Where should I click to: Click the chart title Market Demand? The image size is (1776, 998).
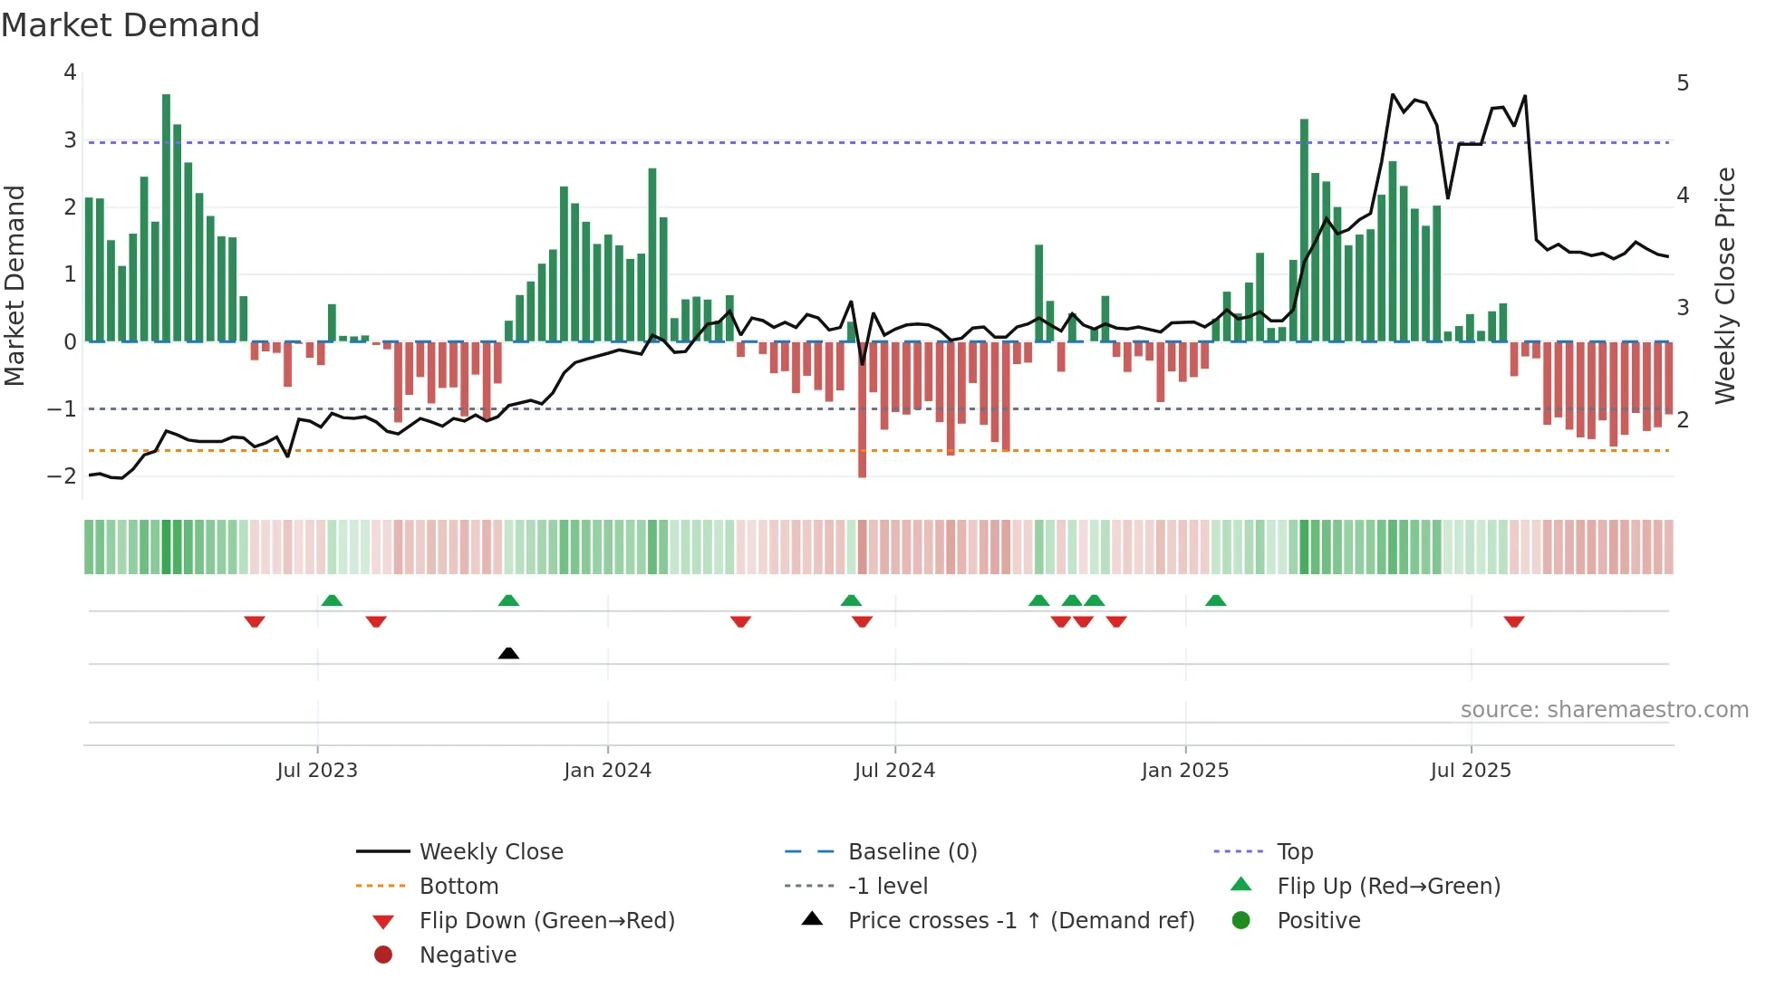[x=130, y=25]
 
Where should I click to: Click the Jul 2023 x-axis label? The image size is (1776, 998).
[x=317, y=771]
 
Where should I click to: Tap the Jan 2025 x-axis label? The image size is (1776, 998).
[x=1184, y=771]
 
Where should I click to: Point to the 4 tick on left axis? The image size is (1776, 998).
[x=70, y=72]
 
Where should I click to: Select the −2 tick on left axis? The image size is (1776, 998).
[x=63, y=476]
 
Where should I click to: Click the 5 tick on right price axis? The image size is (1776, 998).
[x=1683, y=83]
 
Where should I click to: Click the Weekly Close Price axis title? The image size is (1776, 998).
[x=1725, y=285]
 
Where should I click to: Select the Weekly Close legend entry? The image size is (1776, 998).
[x=490, y=852]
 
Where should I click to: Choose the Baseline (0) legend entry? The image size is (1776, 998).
[x=912, y=852]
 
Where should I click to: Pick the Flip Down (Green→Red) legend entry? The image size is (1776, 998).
[x=546, y=921]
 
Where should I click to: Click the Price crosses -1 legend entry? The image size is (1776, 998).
[x=1020, y=921]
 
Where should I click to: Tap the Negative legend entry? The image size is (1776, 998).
[x=468, y=955]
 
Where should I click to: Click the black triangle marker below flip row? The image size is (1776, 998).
[x=508, y=654]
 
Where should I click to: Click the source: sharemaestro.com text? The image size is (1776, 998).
[x=1604, y=710]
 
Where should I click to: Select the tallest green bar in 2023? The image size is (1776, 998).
[x=166, y=217]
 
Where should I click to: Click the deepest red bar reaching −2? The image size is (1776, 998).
[x=862, y=409]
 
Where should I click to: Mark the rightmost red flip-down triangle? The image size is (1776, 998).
[x=1513, y=621]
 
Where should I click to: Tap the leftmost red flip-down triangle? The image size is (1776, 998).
[x=255, y=621]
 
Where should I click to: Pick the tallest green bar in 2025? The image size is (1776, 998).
[x=1304, y=230]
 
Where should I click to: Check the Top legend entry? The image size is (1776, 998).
[x=1294, y=852]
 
